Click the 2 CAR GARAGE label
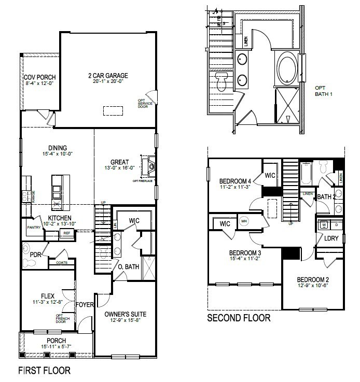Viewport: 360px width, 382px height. [108, 76]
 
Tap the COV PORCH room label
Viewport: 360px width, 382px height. [39, 78]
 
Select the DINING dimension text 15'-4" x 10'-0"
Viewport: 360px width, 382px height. [58, 154]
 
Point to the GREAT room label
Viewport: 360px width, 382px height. [119, 161]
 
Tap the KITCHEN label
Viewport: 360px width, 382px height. [60, 218]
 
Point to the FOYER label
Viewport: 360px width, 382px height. [85, 304]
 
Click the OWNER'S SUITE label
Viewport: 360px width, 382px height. [125, 314]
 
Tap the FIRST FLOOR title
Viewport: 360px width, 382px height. [44, 371]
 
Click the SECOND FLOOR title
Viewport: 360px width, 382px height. [239, 318]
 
